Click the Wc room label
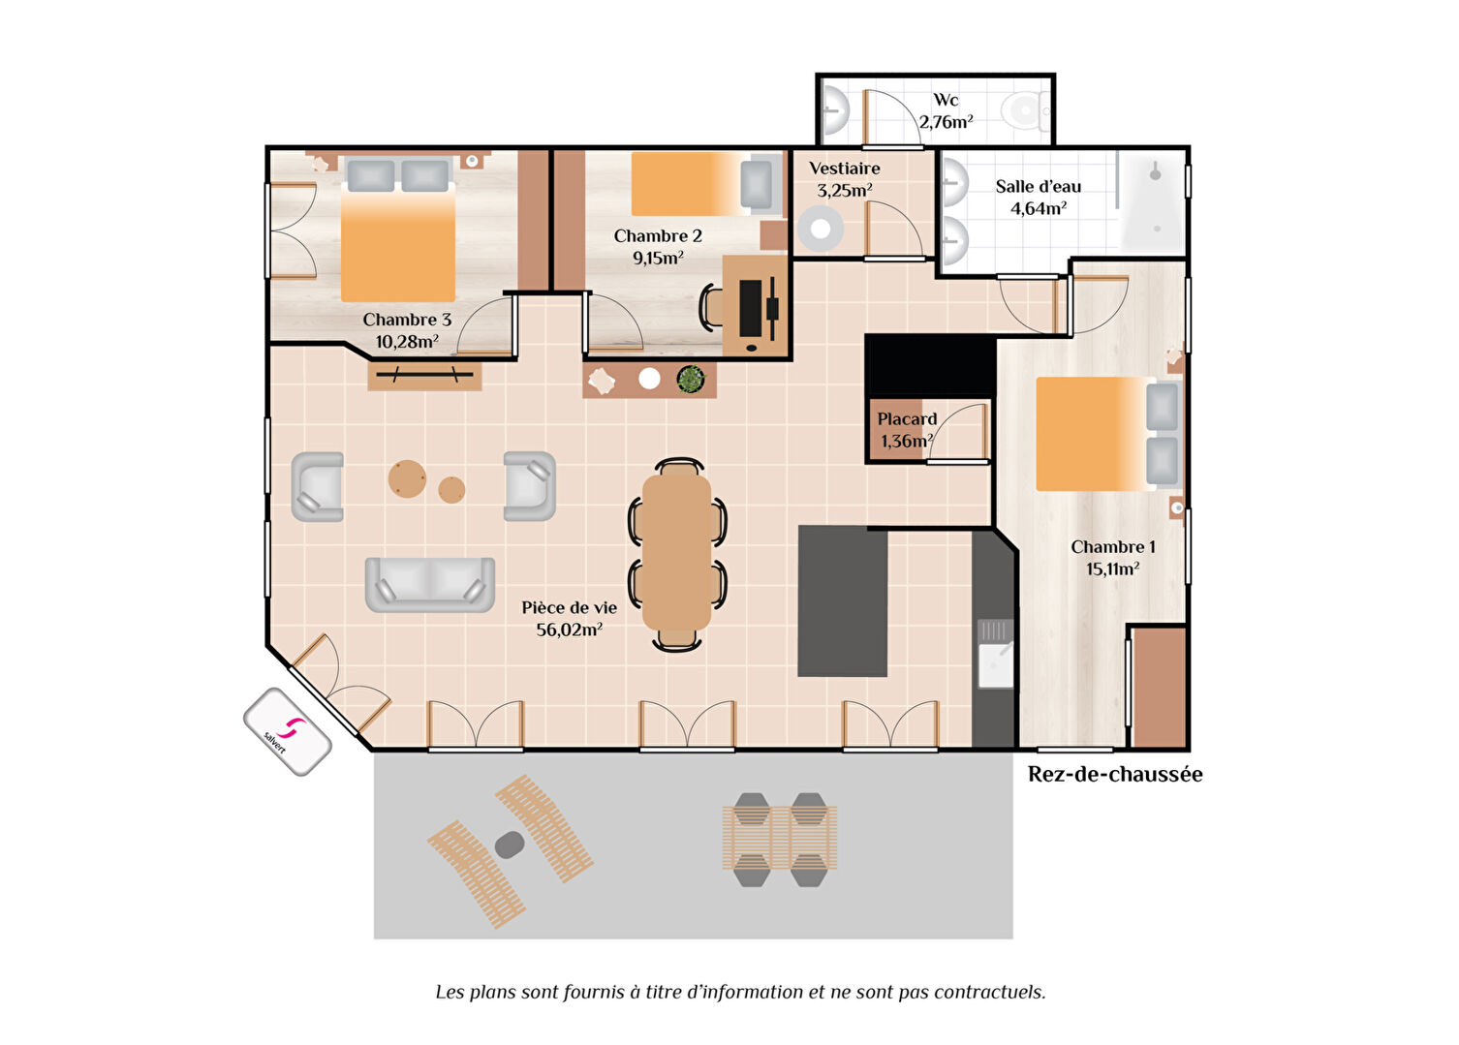946,100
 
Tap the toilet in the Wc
1025,110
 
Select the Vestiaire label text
844,168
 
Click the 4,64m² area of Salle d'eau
1039,208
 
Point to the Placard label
907,418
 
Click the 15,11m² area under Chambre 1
1112,569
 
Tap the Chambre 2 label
658,235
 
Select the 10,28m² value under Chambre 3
407,341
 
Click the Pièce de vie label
570,607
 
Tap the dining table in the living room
677,553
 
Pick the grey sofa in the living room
430,585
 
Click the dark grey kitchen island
843,601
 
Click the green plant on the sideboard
691,379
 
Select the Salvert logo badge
287,731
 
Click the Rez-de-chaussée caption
1115,774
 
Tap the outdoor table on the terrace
780,838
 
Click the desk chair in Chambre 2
711,305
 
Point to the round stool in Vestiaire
820,229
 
